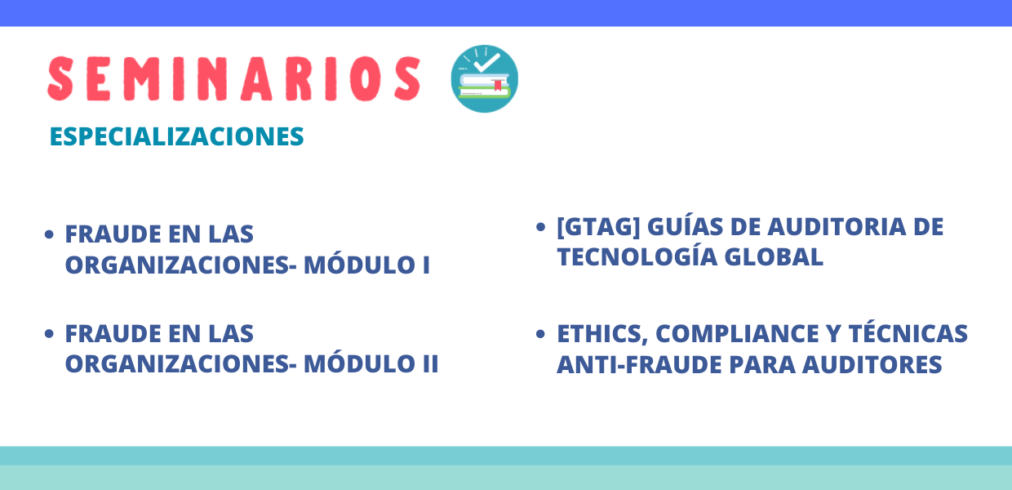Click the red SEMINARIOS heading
tap(234, 78)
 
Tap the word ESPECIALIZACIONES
tap(176, 136)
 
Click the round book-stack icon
tap(484, 78)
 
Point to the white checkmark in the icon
tap(487, 62)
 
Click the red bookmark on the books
tap(497, 85)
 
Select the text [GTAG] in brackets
tap(598, 226)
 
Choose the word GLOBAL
tap(774, 257)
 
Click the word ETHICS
tap(602, 335)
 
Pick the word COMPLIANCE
tap(737, 333)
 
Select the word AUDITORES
tap(872, 365)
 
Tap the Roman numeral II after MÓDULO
tap(431, 364)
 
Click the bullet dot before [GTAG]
tap(540, 226)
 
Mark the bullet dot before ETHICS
tap(540, 334)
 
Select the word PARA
tap(762, 365)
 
